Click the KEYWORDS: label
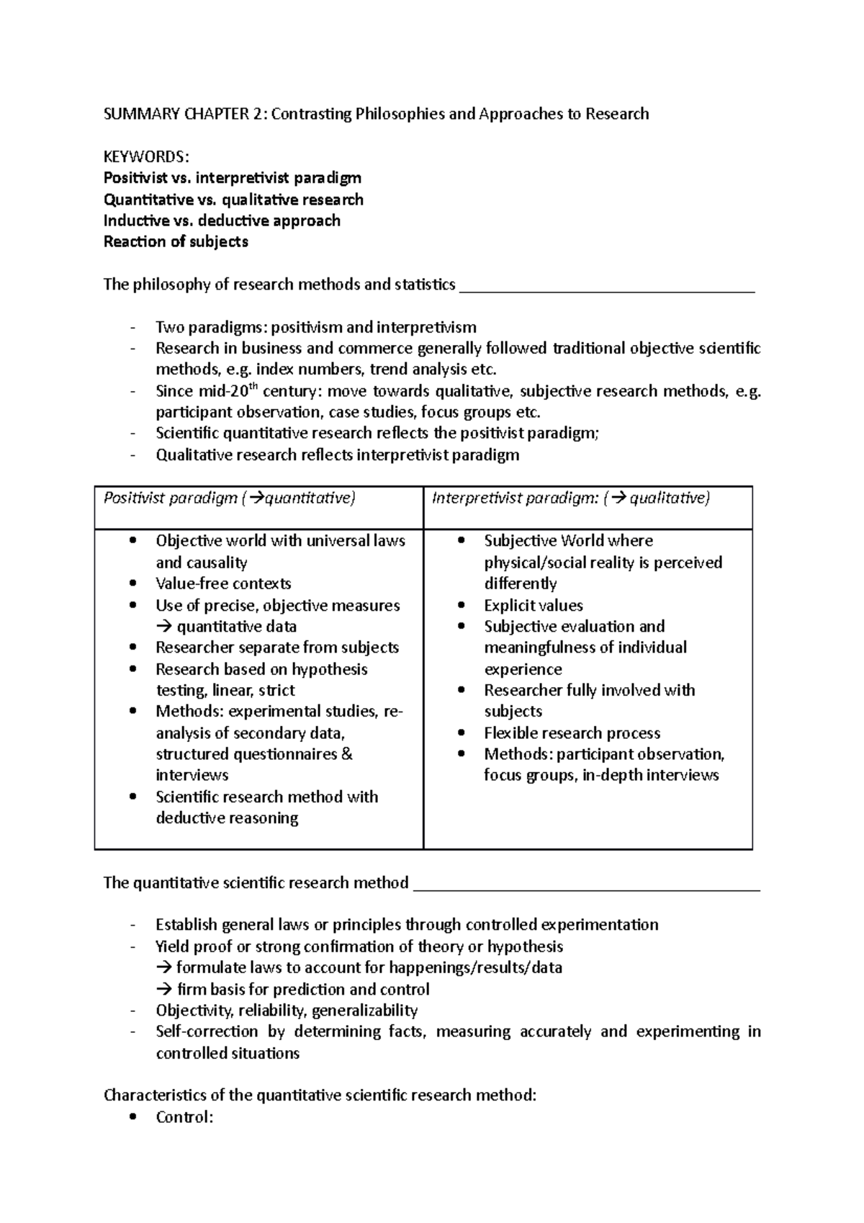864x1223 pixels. coord(147,156)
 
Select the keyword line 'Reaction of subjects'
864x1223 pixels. coord(176,242)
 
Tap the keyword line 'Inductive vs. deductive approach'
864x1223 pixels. coord(222,220)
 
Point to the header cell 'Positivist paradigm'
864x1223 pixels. coord(170,498)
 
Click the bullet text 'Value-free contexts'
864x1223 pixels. coord(223,583)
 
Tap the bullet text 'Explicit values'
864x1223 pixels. coord(534,605)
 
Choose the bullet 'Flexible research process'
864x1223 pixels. coord(572,733)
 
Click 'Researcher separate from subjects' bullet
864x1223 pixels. coord(277,648)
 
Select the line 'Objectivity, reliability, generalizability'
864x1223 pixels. coord(287,1011)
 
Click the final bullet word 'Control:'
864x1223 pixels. coord(184,1118)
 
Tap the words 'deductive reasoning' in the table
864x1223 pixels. coord(227,818)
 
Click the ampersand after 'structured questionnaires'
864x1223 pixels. coord(346,754)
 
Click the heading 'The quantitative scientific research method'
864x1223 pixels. coord(256,883)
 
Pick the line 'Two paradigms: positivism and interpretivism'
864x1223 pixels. coord(315,328)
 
